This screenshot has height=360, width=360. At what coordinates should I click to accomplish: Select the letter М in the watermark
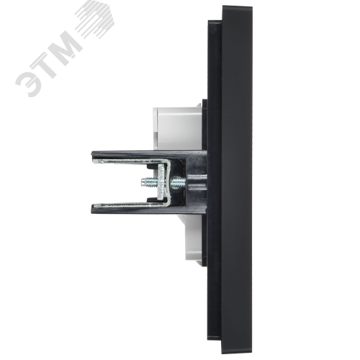[x=66, y=45]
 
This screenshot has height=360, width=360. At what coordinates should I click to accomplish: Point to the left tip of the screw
[x=142, y=182]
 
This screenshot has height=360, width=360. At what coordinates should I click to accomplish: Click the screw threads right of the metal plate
[x=179, y=183]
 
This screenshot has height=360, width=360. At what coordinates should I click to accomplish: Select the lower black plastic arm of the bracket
[x=149, y=210]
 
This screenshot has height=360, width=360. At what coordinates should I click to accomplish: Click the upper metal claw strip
[x=131, y=161]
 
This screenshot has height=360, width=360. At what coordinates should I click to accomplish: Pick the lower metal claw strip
[x=131, y=204]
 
